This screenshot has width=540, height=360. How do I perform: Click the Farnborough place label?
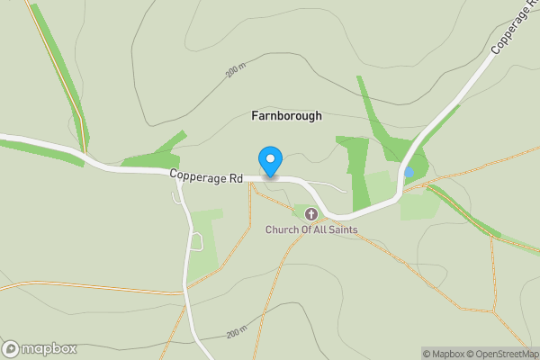click(285, 116)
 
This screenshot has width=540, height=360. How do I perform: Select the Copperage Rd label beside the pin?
click(206, 179)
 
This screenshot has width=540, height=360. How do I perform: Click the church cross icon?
click(311, 214)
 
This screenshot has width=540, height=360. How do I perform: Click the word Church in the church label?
click(283, 230)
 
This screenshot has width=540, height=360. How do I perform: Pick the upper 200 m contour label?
click(236, 70)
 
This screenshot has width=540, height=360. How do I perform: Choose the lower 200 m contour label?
click(236, 333)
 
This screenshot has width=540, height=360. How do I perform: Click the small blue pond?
click(409, 172)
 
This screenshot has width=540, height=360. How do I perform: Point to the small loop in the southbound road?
click(197, 241)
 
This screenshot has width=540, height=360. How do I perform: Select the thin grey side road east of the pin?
click(328, 186)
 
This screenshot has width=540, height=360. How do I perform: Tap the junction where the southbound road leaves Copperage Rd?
click(177, 174)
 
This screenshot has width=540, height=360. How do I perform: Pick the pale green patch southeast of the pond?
click(419, 205)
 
